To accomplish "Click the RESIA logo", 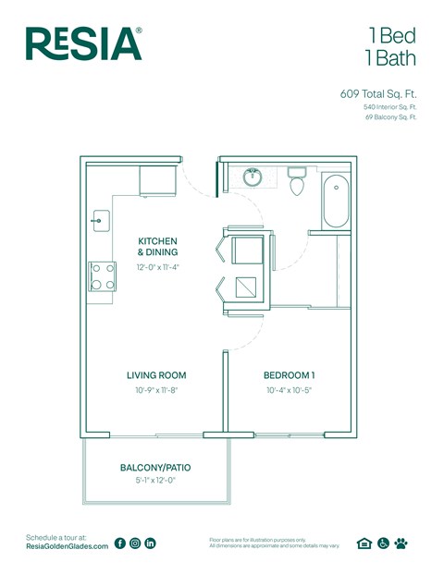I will (83, 43).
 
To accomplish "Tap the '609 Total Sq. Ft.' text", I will (378, 93).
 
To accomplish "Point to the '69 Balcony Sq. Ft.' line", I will (390, 117).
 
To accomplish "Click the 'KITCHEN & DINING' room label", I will (157, 246).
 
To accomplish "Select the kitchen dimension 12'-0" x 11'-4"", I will (157, 267).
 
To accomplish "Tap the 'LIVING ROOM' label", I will (156, 375).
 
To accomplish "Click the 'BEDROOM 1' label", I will (290, 375).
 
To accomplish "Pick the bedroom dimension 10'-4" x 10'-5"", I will (290, 390).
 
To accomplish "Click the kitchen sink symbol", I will (100, 221).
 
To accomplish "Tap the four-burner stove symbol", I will (101, 276).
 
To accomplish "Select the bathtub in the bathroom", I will (335, 202).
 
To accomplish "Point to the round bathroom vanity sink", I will (252, 176).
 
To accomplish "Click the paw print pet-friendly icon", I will (401, 543).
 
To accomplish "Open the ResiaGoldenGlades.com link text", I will (67, 547).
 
